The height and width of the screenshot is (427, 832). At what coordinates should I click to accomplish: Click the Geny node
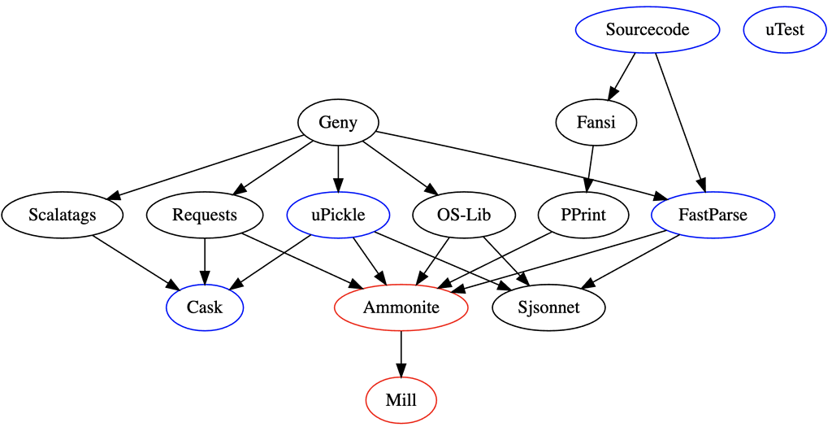point(338,123)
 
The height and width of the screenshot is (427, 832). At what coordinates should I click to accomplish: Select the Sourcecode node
point(648,30)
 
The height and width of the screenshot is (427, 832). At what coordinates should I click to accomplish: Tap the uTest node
point(784,30)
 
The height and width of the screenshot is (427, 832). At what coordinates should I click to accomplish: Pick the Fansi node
point(596,123)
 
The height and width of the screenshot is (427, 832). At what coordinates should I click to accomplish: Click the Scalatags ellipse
point(62,216)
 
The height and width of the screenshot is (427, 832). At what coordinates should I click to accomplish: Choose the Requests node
point(205,216)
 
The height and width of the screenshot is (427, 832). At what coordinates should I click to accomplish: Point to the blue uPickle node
point(339,216)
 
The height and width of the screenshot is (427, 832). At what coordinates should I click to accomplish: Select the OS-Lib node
point(464,216)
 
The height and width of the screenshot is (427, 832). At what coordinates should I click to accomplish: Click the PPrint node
point(583,216)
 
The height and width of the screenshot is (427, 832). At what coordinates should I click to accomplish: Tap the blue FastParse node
point(713,216)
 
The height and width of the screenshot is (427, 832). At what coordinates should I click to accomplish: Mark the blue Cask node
point(205,308)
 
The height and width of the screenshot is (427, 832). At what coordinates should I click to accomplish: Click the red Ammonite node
point(401,308)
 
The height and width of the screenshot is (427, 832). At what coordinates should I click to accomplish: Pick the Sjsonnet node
point(549,308)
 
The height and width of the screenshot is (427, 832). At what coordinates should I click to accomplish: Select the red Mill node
point(401,401)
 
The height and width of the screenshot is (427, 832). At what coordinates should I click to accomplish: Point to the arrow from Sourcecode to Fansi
point(623,76)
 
